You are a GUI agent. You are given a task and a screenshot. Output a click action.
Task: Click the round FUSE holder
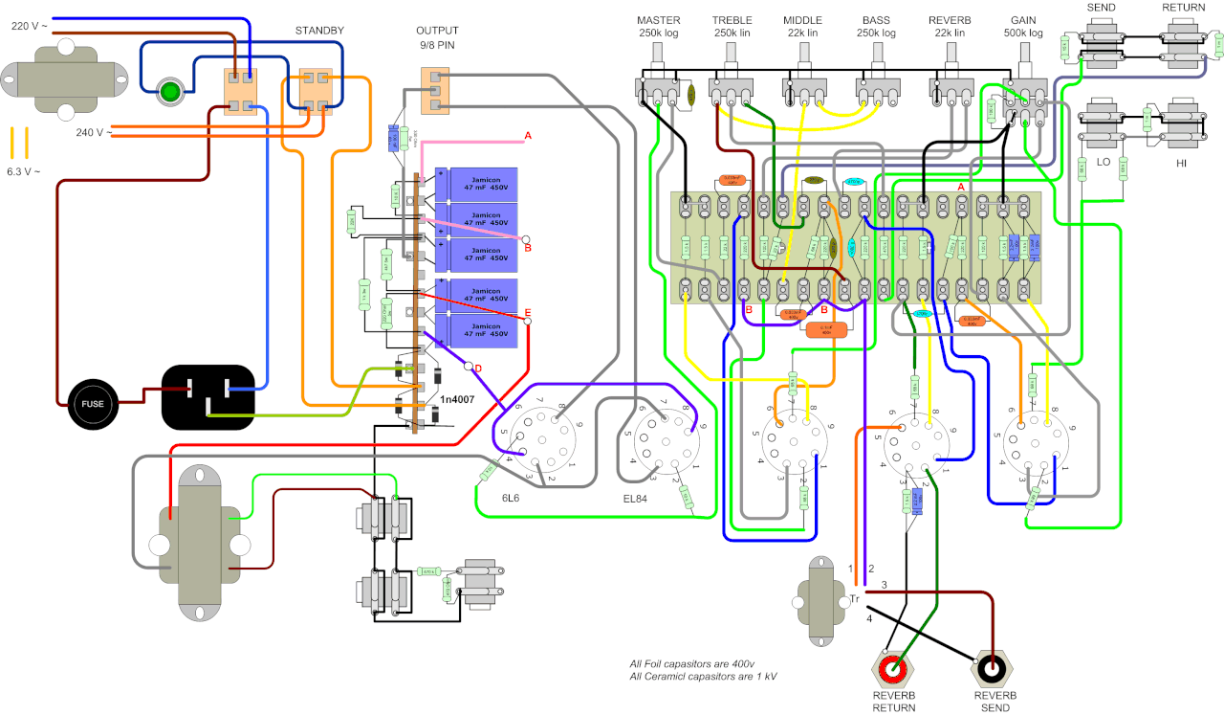pyautogui.click(x=93, y=404)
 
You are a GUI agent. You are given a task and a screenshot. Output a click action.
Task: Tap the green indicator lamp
pyautogui.click(x=170, y=92)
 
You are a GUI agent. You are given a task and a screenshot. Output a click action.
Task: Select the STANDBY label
pyautogui.click(x=318, y=31)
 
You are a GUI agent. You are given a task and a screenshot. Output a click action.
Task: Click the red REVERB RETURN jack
pyautogui.click(x=894, y=666)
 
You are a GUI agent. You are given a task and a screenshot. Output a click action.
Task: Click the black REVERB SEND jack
pyautogui.click(x=994, y=666)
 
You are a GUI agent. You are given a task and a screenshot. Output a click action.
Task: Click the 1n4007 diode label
pyautogui.click(x=461, y=397)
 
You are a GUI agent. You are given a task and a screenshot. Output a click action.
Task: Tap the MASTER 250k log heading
pyautogui.click(x=659, y=27)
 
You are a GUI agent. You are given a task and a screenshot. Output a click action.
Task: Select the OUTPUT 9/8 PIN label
pyautogui.click(x=437, y=37)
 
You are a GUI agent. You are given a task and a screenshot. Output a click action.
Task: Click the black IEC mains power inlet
pyautogui.click(x=209, y=396)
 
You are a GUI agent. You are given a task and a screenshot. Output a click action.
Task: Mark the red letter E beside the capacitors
pyautogui.click(x=527, y=313)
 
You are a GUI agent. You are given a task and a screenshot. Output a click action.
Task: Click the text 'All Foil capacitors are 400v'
pyautogui.click(x=691, y=664)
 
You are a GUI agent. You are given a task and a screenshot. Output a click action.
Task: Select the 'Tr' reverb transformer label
pyautogui.click(x=855, y=599)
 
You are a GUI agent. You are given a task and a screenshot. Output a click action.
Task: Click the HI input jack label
pyautogui.click(x=1181, y=163)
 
